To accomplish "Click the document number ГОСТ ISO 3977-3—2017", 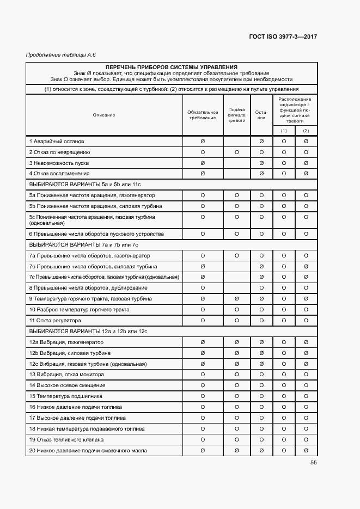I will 283,36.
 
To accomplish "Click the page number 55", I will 313,463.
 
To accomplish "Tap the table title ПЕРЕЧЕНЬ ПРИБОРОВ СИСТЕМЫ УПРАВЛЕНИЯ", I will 172,67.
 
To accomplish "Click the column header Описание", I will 103,115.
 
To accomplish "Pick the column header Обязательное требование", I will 203,115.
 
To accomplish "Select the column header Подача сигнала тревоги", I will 236,115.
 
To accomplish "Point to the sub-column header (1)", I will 284,131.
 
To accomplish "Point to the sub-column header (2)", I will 306,131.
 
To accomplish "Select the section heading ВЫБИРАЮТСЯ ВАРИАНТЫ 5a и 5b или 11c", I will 85,185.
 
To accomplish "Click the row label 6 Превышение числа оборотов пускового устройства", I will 96,234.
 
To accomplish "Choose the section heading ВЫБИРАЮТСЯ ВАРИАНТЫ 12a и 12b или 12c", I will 89,331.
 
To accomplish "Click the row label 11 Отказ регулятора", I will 55,321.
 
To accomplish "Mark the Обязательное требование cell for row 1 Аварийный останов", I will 203,142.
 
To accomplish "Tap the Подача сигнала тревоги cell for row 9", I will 236,299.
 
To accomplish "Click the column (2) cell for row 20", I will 306,450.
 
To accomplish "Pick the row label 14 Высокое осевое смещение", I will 68,385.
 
